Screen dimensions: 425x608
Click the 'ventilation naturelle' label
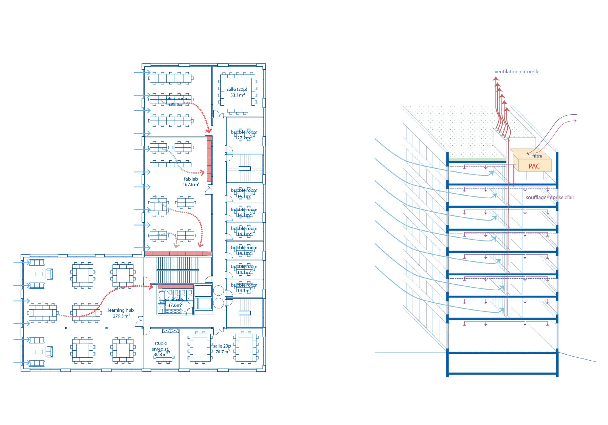click(517, 72)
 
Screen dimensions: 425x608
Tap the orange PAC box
click(534, 166)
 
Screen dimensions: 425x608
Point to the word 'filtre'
click(537, 156)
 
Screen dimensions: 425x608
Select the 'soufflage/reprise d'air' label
click(550, 197)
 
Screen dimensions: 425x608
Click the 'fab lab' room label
click(191, 179)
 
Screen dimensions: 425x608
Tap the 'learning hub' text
click(121, 310)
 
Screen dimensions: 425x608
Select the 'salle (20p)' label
click(237, 89)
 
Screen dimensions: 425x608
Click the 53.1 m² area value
click(237, 95)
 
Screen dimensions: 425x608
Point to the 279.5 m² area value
click(121, 316)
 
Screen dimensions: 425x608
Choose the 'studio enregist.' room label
click(161, 346)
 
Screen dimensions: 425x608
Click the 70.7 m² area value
click(223, 352)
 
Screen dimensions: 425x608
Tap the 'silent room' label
click(177, 99)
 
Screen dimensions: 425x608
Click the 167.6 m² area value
click(191, 185)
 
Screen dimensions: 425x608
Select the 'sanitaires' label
click(174, 300)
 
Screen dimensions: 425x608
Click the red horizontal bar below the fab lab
click(178, 253)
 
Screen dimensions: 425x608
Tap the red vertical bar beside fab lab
click(209, 159)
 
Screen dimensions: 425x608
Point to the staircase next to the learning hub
click(178, 270)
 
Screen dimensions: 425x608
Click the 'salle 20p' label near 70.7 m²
click(222, 346)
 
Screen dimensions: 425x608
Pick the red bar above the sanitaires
click(175, 286)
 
